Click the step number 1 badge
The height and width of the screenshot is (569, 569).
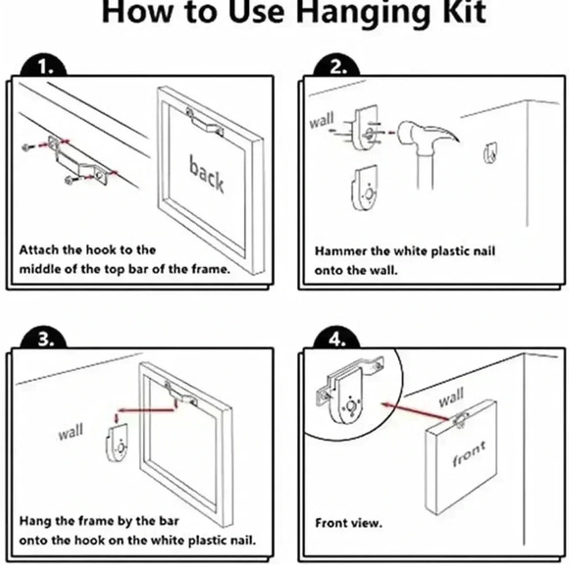coord(43,66)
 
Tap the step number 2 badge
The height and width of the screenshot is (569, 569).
coord(336,66)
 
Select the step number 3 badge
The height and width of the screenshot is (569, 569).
coord(43,338)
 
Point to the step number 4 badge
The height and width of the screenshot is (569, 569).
coord(336,338)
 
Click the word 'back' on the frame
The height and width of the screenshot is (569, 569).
coord(206,174)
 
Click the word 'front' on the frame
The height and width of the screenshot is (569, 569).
coord(469,453)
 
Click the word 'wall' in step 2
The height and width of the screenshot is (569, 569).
coord(322,121)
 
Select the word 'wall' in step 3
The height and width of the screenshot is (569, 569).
coord(71,432)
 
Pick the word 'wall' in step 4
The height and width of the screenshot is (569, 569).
coord(451,397)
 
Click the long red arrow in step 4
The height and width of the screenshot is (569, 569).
coord(416,411)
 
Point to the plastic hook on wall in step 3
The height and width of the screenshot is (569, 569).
coord(117,443)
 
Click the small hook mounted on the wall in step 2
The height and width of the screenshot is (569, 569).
coord(491,152)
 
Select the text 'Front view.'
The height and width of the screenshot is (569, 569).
coord(348,523)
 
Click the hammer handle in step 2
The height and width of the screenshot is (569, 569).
coord(426,171)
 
